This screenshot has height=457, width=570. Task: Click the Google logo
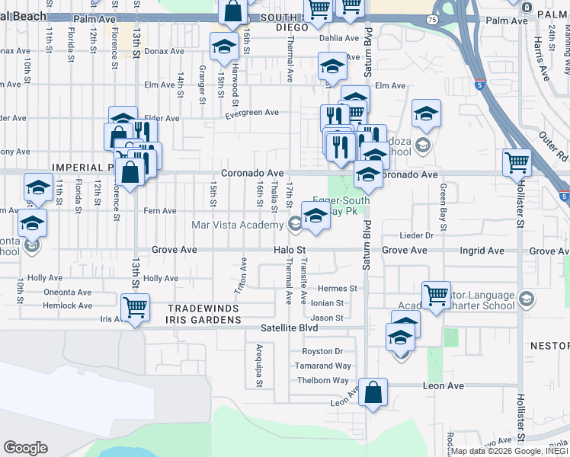point(25,448)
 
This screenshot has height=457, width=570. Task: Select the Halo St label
point(290,250)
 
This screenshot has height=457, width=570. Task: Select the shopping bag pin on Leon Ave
point(373,394)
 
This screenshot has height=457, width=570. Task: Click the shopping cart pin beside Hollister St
point(517,163)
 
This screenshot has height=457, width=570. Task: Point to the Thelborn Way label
point(322,380)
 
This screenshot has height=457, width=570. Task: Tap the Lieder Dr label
point(418,236)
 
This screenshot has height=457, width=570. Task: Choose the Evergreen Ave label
point(251,113)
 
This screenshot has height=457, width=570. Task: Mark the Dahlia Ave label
point(338,37)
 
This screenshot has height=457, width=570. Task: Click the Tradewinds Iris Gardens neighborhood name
point(203,314)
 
